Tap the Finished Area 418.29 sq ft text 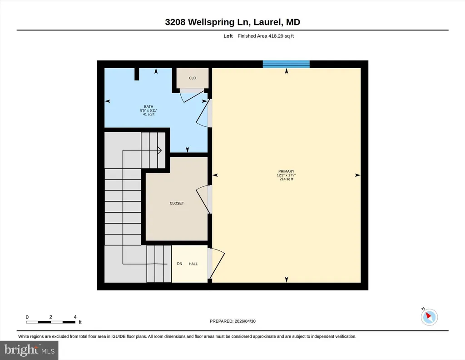266,36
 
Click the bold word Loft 228,36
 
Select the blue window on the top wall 286,64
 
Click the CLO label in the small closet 193,78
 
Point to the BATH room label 148,106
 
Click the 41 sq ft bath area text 148,114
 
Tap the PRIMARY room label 286,171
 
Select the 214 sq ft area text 286,179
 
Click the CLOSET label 177,203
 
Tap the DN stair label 179,264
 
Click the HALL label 193,264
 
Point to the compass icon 429,317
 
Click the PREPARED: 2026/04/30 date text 232,321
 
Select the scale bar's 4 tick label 75,317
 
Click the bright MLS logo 29,350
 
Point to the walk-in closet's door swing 203,198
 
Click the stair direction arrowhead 159,150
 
